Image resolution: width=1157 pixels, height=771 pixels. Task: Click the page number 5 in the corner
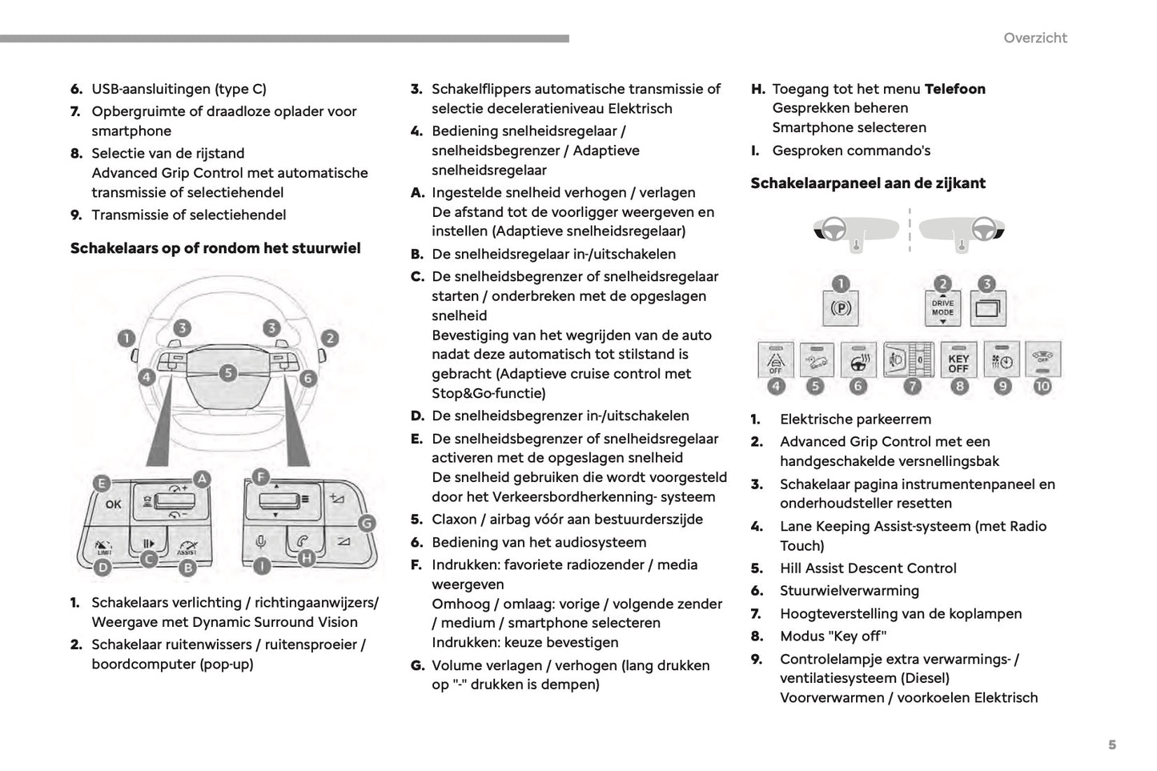(1111, 745)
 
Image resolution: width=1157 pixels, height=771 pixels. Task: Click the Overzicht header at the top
(1034, 38)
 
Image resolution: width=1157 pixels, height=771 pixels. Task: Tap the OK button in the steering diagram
(113, 504)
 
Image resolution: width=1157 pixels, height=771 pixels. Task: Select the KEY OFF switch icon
(958, 362)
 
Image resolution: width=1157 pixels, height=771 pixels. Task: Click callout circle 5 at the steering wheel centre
(228, 372)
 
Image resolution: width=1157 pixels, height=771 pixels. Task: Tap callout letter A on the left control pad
(203, 479)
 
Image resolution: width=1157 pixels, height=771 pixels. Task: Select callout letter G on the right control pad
(366, 524)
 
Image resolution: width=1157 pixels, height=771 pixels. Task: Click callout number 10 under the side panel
(1042, 386)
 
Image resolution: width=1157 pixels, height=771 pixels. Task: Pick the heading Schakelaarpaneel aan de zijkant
(867, 183)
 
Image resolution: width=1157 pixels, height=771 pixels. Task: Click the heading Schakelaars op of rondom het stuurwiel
(215, 248)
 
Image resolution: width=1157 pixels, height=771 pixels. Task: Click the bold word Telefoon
(954, 89)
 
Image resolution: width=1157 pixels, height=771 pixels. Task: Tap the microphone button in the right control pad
(261, 543)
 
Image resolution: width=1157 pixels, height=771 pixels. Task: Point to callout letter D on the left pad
(102, 568)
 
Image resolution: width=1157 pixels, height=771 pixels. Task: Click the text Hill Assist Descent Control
(868, 568)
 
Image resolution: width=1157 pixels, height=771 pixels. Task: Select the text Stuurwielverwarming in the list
(849, 591)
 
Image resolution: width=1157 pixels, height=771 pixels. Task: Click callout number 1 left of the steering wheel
(126, 338)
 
